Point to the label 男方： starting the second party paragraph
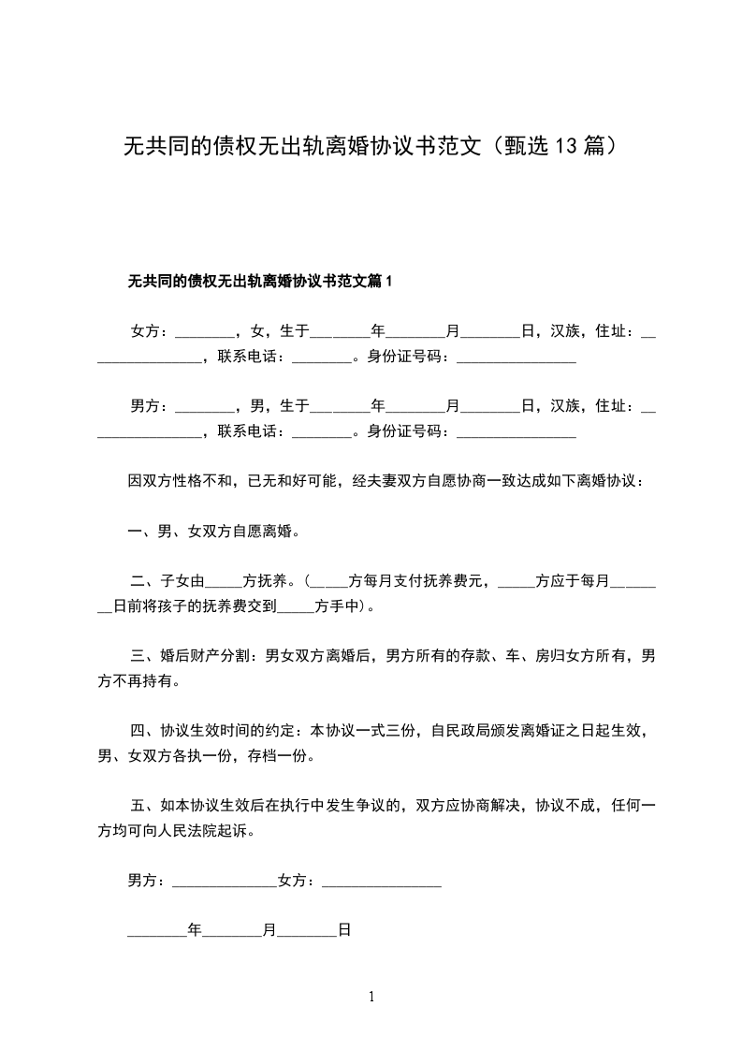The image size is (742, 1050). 150,406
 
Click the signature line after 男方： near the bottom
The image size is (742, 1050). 225,881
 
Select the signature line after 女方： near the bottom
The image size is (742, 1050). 382,881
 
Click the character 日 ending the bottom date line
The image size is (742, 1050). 343,931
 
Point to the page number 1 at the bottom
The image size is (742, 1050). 371,998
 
